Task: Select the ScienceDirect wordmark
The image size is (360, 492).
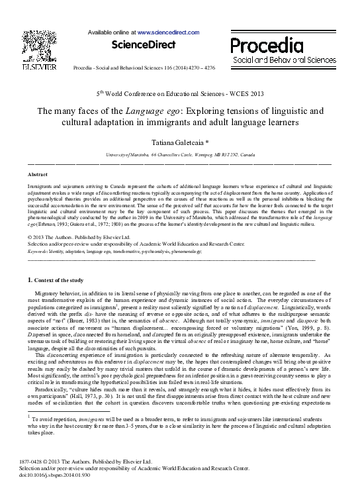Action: [x=144, y=45]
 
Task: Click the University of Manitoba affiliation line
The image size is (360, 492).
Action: [x=180, y=154]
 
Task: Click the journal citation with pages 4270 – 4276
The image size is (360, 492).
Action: [x=144, y=68]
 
